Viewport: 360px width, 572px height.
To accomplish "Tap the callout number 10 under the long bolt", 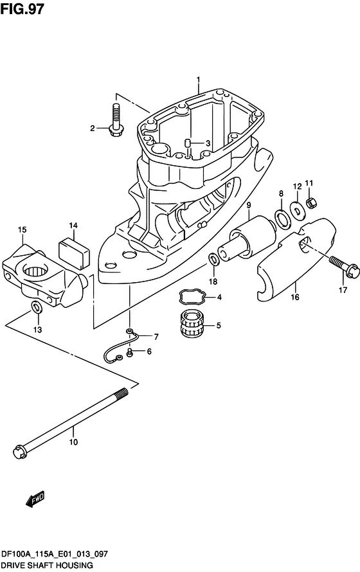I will pyautogui.click(x=73, y=442).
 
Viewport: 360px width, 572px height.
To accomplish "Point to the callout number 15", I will pyautogui.click(x=22, y=229).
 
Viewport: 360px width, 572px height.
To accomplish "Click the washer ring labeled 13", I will pyautogui.click(x=37, y=309).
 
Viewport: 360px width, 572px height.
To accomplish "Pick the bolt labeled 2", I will pyautogui.click(x=117, y=122).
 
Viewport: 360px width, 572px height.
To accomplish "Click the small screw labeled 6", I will pyautogui.click(x=130, y=352).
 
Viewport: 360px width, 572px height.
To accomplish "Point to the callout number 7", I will pyautogui.click(x=155, y=337).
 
